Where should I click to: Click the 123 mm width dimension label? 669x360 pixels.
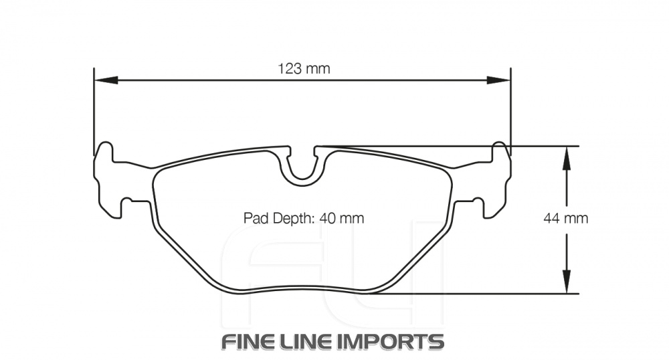[x=304, y=68]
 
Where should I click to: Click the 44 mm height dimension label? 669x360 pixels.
[x=566, y=219]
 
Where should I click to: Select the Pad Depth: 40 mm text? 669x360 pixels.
[x=303, y=218]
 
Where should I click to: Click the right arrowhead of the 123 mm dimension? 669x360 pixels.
[x=498, y=80]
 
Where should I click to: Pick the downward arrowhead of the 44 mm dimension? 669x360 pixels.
[x=566, y=281]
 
